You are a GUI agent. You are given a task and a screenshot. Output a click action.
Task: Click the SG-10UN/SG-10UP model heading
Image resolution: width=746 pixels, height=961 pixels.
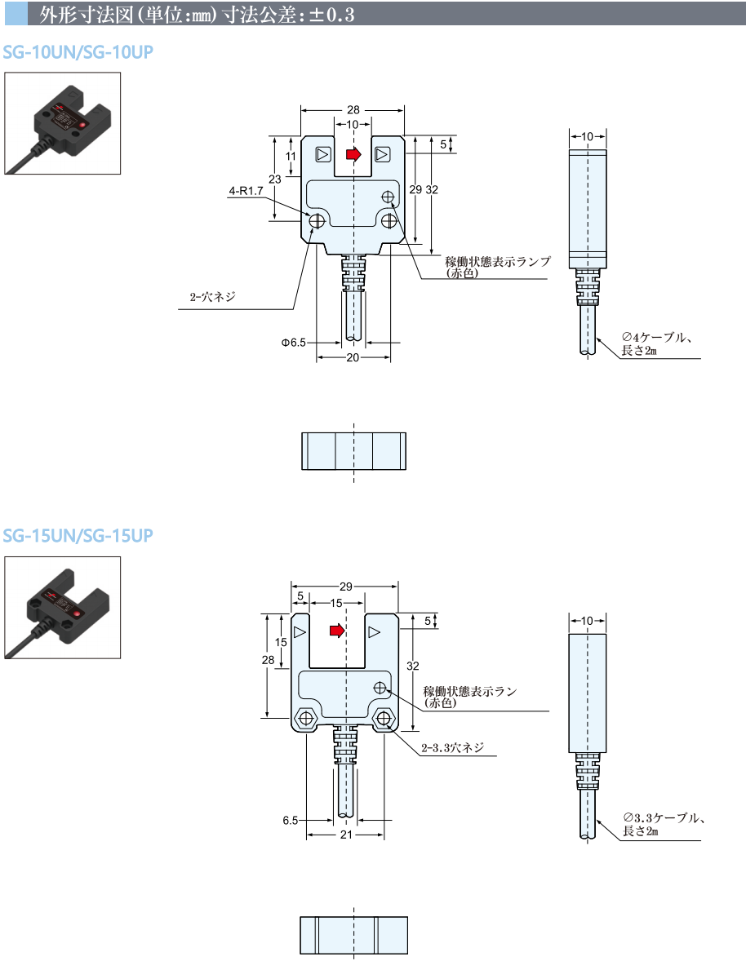[x=78, y=52]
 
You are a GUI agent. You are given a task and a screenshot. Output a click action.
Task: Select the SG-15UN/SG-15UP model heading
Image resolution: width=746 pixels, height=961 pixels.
[x=78, y=536]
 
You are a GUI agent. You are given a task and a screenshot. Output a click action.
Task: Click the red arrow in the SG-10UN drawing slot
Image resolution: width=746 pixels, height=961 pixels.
[x=353, y=154]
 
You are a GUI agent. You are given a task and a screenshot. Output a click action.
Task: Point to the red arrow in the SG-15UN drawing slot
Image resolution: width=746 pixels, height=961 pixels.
[x=337, y=631]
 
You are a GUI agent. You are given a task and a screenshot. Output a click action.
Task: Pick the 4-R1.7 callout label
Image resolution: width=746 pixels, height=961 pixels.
[x=246, y=191]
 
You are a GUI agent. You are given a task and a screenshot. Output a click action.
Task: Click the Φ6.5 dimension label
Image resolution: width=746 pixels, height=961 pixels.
[x=294, y=343]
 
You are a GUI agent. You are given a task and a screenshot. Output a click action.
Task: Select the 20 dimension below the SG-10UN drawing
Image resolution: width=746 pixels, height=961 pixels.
[x=353, y=357]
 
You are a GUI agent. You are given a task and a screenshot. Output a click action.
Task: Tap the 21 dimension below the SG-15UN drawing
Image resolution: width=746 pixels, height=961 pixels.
[x=346, y=835]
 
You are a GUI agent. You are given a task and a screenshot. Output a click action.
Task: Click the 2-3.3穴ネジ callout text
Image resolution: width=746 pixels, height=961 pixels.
[x=452, y=748]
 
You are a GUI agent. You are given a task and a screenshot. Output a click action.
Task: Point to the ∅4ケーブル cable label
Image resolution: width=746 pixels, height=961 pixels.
[x=656, y=337]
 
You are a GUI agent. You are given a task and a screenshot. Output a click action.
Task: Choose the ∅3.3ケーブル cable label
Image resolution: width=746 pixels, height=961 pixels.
[x=664, y=818]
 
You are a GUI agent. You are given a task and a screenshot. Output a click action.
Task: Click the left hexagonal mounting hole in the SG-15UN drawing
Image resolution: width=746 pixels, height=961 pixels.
[x=304, y=718]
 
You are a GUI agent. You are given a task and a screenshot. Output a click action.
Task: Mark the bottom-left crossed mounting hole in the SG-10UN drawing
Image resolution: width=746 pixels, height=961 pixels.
[x=317, y=220]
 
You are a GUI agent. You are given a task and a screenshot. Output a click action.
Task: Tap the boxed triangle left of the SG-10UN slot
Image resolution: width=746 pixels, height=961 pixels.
[x=323, y=154]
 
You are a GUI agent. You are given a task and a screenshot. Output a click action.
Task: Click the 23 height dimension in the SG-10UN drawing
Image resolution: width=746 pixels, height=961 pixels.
[x=274, y=179]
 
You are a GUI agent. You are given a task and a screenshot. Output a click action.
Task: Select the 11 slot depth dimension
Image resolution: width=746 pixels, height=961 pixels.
[x=291, y=157]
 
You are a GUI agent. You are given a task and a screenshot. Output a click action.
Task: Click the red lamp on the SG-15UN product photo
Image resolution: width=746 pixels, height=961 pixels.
[x=77, y=613]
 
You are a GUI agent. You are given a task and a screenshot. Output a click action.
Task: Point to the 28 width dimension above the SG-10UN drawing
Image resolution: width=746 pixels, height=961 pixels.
[x=353, y=109]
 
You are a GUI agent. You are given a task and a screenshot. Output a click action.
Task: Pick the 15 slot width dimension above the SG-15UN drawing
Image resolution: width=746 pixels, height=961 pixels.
[x=336, y=603]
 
